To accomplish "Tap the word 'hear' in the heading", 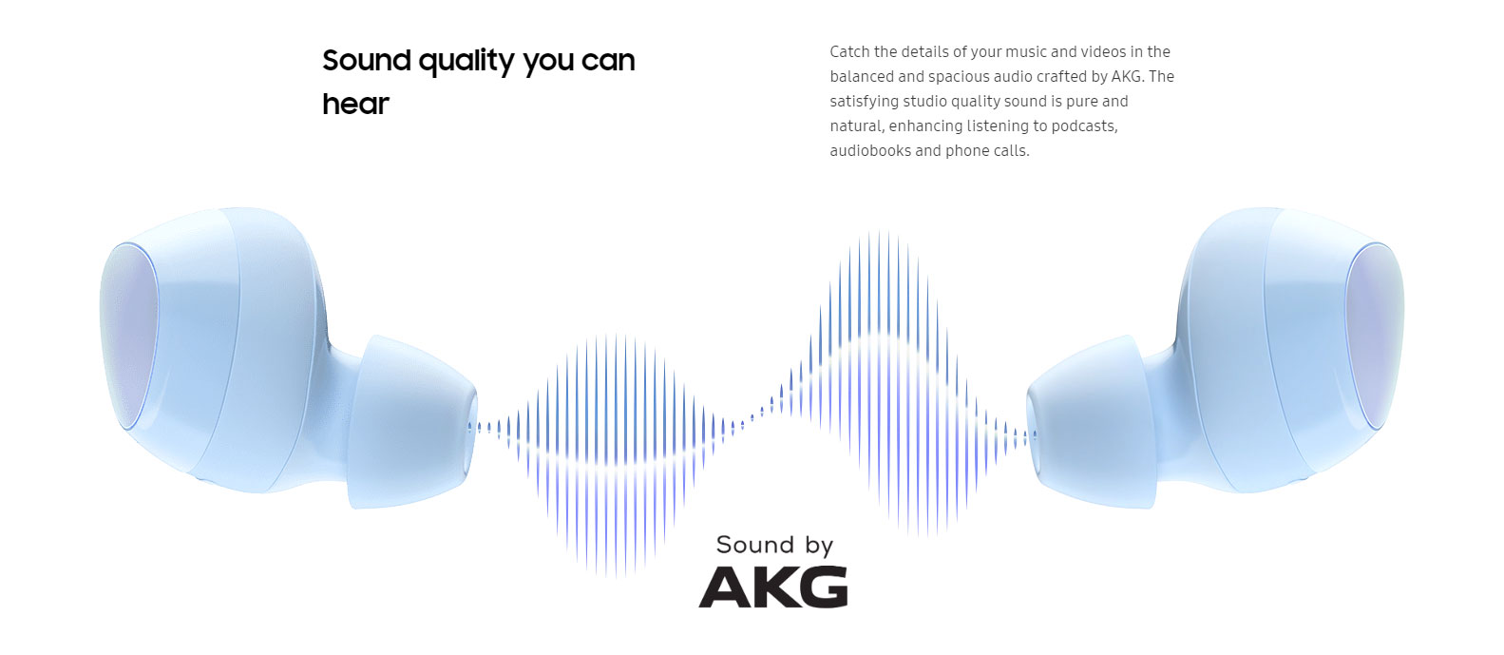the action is click(355, 105).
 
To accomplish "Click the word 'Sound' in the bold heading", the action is click(367, 61).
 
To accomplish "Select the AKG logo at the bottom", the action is click(772, 587).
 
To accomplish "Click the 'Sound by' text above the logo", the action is click(774, 545).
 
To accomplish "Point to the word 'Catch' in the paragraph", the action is click(849, 51).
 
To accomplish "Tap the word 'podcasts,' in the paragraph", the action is click(1084, 126).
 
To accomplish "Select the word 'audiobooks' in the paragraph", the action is click(870, 150).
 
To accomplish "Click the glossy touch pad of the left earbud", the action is click(129, 336).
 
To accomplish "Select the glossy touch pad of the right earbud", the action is click(1375, 336).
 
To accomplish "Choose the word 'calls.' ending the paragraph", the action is click(1011, 150).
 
